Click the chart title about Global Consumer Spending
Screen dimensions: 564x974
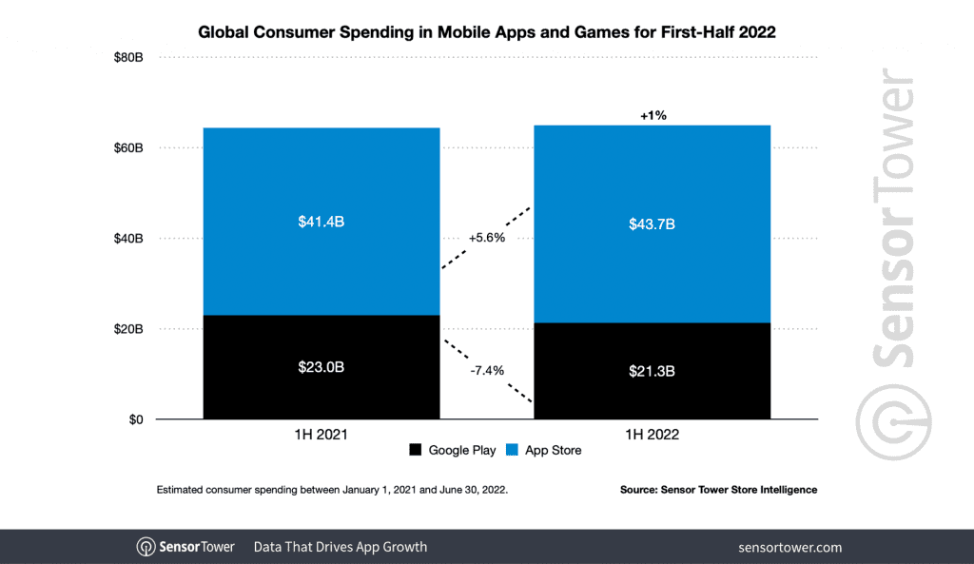tap(486, 32)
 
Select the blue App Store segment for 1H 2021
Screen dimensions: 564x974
tap(321, 222)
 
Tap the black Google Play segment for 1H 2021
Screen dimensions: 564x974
tap(321, 367)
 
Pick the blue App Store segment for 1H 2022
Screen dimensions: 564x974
tap(652, 224)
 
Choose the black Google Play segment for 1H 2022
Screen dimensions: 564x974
tap(652, 371)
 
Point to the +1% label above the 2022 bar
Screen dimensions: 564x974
tap(653, 115)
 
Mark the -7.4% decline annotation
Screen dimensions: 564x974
tap(486, 370)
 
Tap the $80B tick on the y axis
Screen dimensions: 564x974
tap(127, 58)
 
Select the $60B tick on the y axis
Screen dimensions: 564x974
tap(127, 148)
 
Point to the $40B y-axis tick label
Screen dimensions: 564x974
tap(127, 239)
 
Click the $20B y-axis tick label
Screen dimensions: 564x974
tap(127, 329)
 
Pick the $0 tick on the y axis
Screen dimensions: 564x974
tap(134, 419)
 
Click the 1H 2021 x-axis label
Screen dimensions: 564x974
tap(321, 435)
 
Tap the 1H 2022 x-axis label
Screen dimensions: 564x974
tap(652, 435)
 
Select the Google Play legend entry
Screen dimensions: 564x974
tap(453, 450)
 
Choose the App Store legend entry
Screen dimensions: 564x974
tap(545, 450)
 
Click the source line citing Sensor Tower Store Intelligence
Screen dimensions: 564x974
tap(718, 490)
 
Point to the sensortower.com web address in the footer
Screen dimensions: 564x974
tap(789, 547)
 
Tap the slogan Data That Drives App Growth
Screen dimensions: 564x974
tap(340, 547)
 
